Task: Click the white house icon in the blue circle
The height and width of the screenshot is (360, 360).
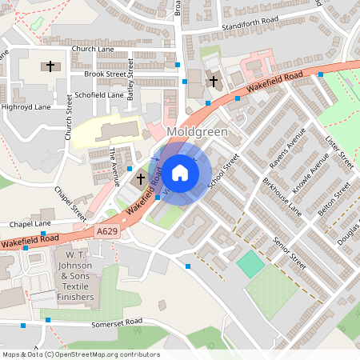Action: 180,172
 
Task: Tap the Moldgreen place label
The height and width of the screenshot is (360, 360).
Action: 197,130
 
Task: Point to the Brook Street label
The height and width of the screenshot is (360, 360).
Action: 110,74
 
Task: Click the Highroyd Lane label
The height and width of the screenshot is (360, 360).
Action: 26,106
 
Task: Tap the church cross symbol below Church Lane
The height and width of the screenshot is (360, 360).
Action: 50,66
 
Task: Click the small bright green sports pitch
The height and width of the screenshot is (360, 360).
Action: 251,264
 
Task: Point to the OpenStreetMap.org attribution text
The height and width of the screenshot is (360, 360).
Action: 80,354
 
